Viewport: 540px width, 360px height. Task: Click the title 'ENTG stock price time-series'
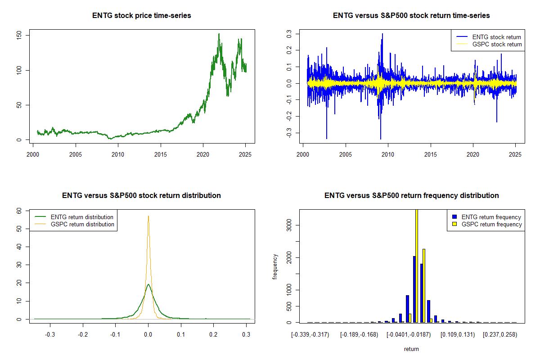142,16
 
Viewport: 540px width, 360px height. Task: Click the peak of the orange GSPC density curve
148,216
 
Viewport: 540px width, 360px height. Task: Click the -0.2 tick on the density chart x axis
83,335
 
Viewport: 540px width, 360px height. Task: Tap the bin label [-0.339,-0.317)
310,335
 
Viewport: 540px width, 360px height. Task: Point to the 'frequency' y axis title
275,266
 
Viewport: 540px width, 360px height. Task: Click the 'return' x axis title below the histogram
411,349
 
